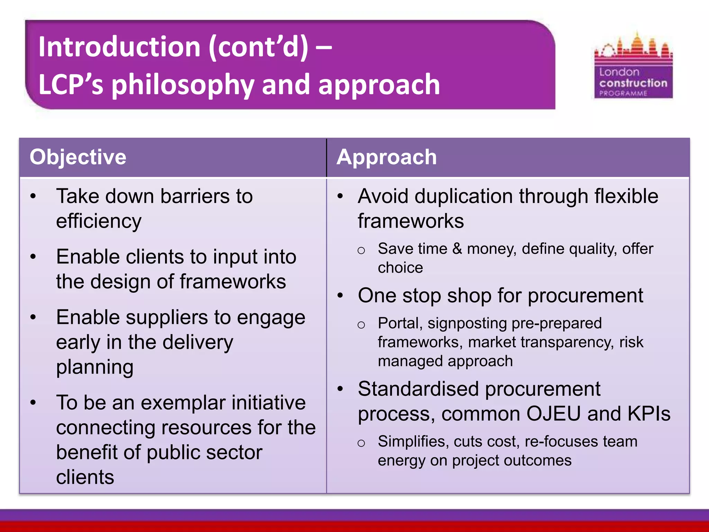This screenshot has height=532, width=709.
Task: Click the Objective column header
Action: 78,157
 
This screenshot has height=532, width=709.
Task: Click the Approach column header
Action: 386,157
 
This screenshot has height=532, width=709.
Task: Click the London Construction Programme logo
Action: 633,66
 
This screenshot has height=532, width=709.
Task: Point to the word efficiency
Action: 99,221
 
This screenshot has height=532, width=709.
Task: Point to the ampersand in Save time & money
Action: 457,249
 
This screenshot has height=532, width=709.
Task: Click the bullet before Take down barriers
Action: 33,196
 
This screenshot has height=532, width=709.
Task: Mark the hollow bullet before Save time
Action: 361,250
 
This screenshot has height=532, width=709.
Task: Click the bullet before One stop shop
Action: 340,296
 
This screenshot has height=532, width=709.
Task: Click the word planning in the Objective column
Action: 95,367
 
